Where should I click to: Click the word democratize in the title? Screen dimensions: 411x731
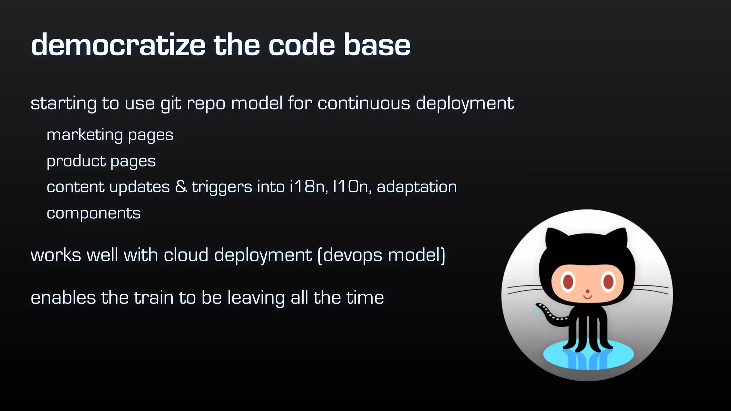pos(118,45)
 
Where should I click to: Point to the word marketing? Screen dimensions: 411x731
pos(85,135)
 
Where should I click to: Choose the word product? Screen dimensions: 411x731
pos(76,161)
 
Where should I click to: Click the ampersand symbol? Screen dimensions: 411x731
pos(181,187)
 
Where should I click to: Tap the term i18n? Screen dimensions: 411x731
pos(307,187)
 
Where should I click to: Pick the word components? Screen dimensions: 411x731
pos(94,214)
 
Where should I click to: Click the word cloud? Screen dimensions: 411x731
pos(186,255)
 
